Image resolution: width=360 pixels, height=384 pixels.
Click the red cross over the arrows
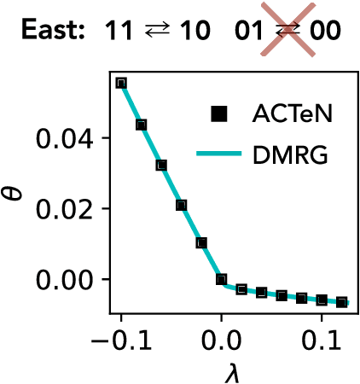tap(287, 32)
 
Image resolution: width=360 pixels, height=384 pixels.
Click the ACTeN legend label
tap(290, 112)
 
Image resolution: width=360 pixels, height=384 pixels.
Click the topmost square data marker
tap(121, 83)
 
